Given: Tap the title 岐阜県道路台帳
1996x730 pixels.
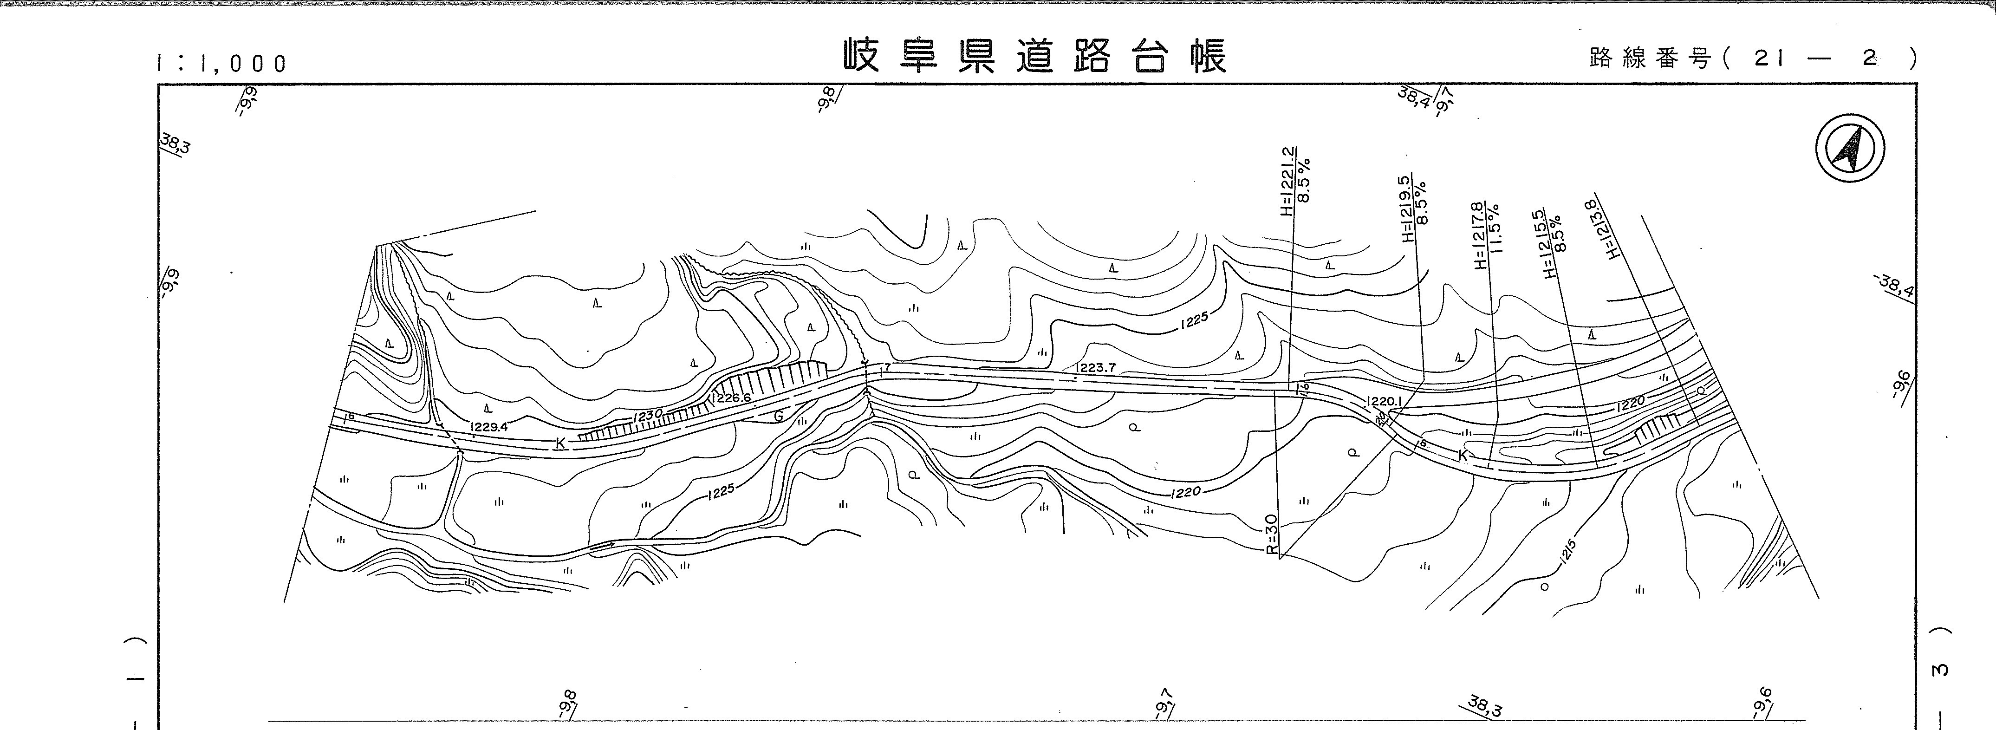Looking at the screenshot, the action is pyautogui.click(x=1035, y=57).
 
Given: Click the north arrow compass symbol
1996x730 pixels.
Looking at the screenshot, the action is pyautogui.click(x=1850, y=147).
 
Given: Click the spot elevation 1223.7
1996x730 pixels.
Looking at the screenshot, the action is pyautogui.click(x=1095, y=367).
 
